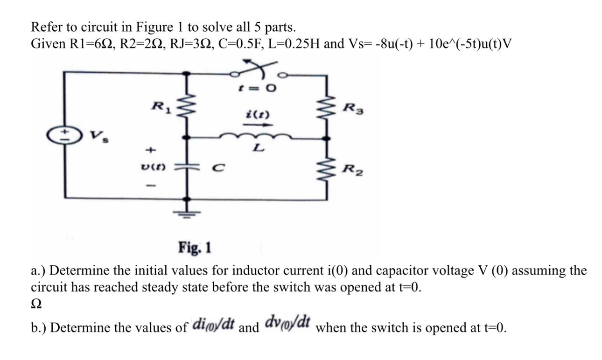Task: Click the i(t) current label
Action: click(252, 113)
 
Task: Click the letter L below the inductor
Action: click(256, 150)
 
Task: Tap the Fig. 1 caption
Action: click(195, 247)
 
